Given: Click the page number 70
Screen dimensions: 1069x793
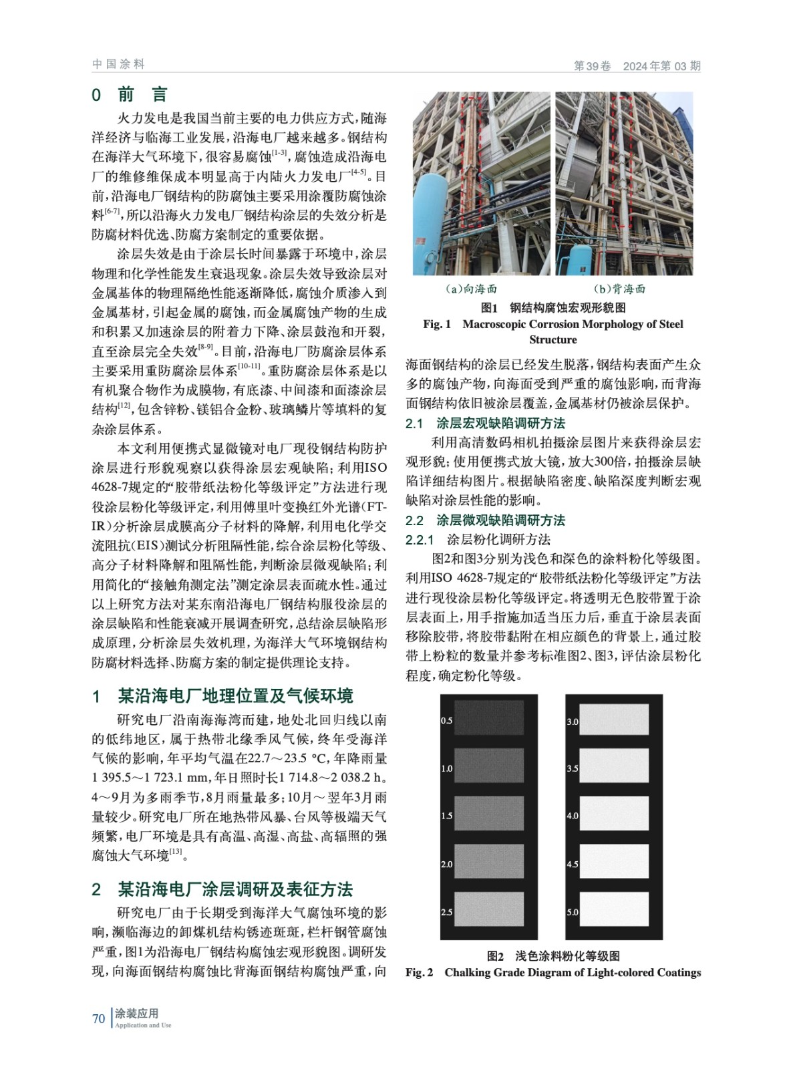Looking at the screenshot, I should point(98,1018).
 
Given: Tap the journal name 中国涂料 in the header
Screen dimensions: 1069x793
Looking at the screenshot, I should point(118,64).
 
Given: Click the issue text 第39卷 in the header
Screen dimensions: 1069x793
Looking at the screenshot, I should point(592,66).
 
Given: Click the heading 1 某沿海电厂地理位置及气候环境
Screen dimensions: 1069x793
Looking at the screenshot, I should point(222,696).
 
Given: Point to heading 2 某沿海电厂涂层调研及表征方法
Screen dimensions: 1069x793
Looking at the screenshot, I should point(222,889).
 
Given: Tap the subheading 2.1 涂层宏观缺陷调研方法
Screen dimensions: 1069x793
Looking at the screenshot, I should point(485,423).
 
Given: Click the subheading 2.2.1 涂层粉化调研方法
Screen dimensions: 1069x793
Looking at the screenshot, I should point(478,539).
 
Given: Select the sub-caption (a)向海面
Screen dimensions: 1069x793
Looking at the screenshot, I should point(471,289).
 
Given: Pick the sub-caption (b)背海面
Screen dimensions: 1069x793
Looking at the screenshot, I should point(620,289).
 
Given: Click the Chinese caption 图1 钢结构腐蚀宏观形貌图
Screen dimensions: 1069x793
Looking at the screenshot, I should point(553,307).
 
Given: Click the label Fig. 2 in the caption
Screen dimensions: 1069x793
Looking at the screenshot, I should point(419,972).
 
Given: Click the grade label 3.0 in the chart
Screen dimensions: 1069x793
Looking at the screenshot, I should point(573,722).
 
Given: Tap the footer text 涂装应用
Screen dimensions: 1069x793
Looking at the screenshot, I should point(136,1013).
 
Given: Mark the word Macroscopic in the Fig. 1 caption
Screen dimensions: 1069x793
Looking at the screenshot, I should point(496,324).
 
